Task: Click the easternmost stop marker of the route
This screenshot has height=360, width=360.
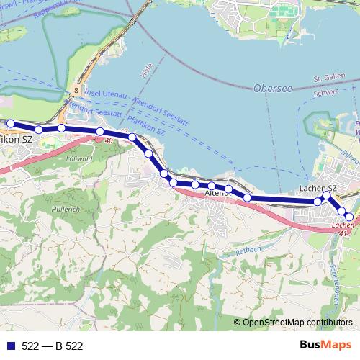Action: pos(350,217)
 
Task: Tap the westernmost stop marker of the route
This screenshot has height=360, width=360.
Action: pos(10,124)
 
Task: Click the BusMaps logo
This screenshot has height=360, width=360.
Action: pos(325,345)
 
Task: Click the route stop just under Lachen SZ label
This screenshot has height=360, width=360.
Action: pos(327,195)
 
